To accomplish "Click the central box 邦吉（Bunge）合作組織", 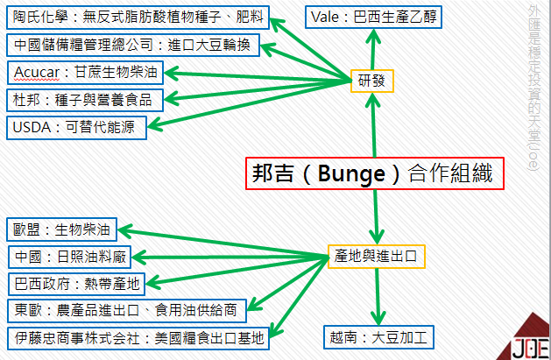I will click(x=375, y=172).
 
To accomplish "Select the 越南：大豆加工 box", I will click(x=377, y=337).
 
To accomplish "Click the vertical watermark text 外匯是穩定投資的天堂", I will click(x=535, y=88).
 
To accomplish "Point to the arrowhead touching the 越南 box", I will click(x=378, y=320).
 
